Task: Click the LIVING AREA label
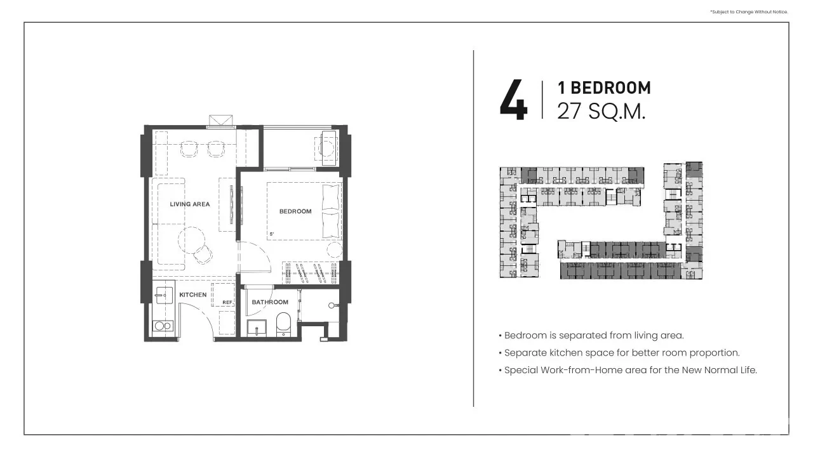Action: (190, 204)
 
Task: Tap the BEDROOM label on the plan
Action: (295, 211)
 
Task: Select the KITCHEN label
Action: (192, 295)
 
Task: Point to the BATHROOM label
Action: (270, 302)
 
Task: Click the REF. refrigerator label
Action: (227, 302)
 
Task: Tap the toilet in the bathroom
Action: (283, 324)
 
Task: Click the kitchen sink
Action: (164, 295)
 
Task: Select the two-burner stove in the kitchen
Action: (163, 326)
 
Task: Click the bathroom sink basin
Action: (257, 328)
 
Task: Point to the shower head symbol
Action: (332, 306)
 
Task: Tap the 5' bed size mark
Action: (272, 234)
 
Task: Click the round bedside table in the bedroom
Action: (335, 250)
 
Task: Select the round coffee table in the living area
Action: (192, 241)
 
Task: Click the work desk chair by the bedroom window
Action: (326, 148)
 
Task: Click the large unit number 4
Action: (514, 100)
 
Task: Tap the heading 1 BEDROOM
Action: (604, 88)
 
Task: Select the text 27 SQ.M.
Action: (601, 111)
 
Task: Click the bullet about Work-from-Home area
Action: (628, 370)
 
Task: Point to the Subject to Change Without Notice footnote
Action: (749, 12)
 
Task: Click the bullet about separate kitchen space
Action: (619, 353)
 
